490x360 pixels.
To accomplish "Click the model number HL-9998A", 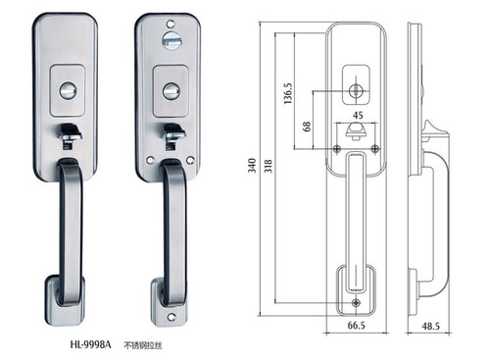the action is pyautogui.click(x=90, y=344).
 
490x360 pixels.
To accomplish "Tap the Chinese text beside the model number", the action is pyautogui.click(x=143, y=345).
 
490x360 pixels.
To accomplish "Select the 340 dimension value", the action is pyautogui.click(x=252, y=166).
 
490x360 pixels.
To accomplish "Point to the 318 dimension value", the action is pyautogui.click(x=268, y=166).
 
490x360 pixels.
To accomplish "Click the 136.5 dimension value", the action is pyautogui.click(x=288, y=93).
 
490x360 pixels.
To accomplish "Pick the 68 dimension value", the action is pyautogui.click(x=307, y=127).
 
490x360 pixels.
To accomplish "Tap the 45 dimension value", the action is pyautogui.click(x=358, y=115).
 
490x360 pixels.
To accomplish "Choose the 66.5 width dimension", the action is pyautogui.click(x=357, y=326).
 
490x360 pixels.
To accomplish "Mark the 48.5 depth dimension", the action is pyautogui.click(x=430, y=326).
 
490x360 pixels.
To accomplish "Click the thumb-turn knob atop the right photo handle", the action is pyautogui.click(x=170, y=40).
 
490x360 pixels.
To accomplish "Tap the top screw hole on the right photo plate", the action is pyautogui.click(x=171, y=24).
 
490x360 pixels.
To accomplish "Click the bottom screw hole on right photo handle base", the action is pyautogui.click(x=171, y=317).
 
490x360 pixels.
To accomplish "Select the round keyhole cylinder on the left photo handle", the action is pyautogui.click(x=69, y=90).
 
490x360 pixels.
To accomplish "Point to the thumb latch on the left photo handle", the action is pyautogui.click(x=70, y=134).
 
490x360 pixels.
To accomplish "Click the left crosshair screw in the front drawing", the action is pyautogui.click(x=337, y=149).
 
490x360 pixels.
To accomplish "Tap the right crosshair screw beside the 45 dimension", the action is pyautogui.click(x=375, y=149).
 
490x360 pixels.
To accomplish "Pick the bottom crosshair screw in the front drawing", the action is pyautogui.click(x=357, y=303).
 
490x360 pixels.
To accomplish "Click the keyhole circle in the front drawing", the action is pyautogui.click(x=355, y=90).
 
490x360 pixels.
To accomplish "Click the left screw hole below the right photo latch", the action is pyautogui.click(x=151, y=160).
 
